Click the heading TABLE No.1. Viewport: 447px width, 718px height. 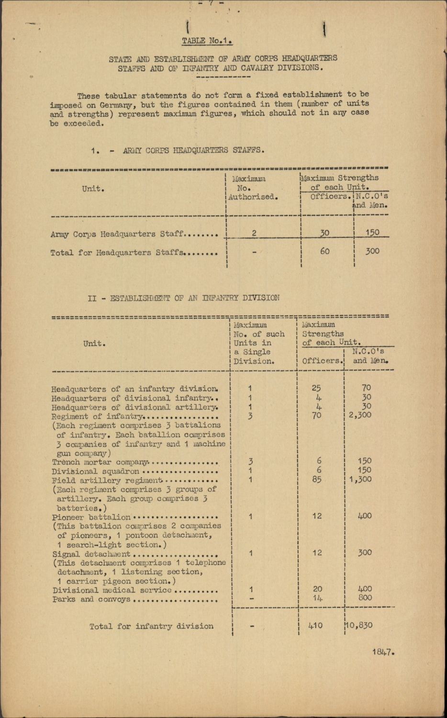point(207,41)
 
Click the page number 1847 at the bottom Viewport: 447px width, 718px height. point(382,652)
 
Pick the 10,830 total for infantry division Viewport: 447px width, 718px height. point(358,625)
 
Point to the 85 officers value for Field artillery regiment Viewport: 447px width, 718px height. point(316,479)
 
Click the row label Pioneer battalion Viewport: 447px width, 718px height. point(91,517)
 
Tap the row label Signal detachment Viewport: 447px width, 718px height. point(91,554)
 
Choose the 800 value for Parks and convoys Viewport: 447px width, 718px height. point(365,598)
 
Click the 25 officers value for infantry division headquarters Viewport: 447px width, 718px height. point(316,388)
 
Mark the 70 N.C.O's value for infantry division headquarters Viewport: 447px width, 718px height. point(366,388)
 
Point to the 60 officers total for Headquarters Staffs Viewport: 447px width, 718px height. point(324,251)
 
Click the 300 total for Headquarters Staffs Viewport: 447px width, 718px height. point(372,251)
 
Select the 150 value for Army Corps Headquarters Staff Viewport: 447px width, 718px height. point(372,233)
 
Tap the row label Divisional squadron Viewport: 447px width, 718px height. point(95,471)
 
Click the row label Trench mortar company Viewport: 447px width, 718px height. point(100,462)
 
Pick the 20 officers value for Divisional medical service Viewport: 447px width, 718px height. point(317,589)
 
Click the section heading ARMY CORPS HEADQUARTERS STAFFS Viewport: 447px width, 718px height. point(194,150)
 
